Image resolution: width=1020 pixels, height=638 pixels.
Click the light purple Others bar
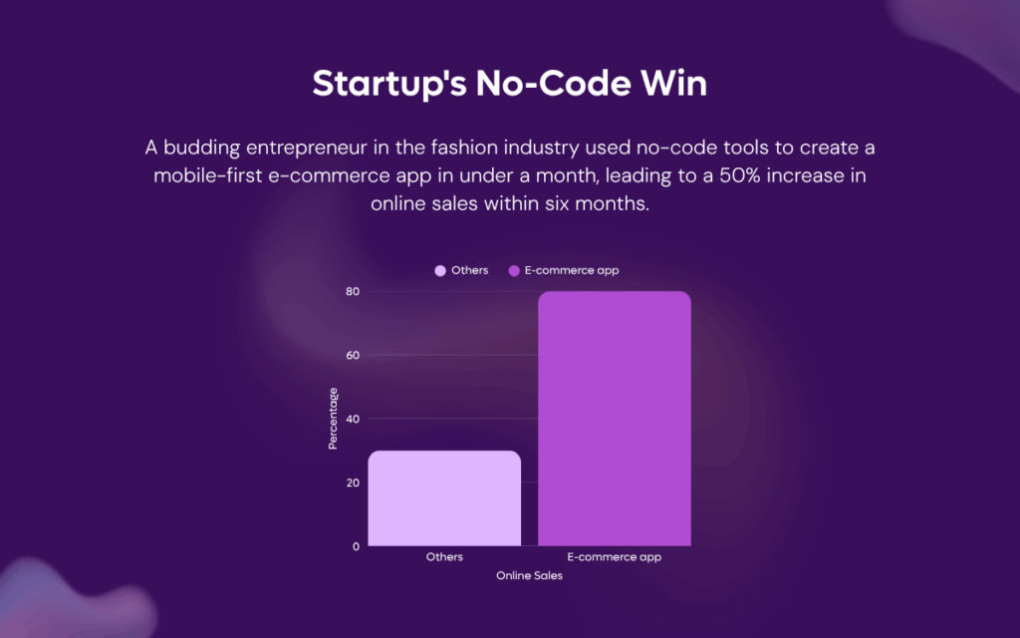[x=444, y=498]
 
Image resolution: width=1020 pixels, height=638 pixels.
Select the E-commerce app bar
[x=614, y=419]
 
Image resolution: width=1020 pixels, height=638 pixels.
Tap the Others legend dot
[x=440, y=271]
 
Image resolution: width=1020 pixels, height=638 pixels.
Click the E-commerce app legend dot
[x=514, y=271]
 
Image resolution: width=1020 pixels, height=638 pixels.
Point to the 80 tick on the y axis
[x=353, y=292]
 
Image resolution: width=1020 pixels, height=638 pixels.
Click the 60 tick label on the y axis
[x=353, y=356]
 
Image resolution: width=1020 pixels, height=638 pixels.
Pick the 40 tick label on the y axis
[x=353, y=420]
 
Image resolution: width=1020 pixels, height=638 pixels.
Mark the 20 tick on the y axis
[x=353, y=483]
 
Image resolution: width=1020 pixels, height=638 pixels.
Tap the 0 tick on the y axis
[x=356, y=547]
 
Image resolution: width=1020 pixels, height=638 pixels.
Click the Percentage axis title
[x=333, y=419]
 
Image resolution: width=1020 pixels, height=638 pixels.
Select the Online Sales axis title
[x=529, y=575]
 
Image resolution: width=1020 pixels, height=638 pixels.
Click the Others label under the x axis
[x=444, y=557]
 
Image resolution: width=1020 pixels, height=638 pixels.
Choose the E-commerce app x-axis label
[x=614, y=557]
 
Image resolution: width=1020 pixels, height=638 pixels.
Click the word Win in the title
[x=674, y=84]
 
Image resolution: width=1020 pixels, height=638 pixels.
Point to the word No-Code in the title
[x=553, y=84]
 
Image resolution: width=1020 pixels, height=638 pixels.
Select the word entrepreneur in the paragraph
[x=307, y=149]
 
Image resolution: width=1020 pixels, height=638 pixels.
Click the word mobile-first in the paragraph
[x=207, y=175]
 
